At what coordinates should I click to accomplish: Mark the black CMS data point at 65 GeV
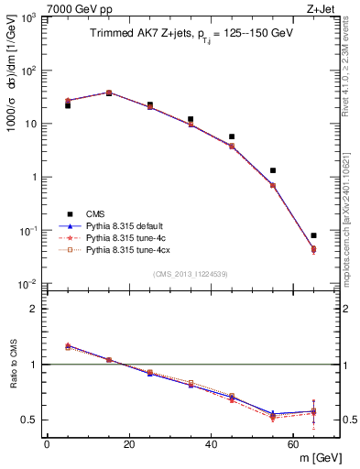[313, 235]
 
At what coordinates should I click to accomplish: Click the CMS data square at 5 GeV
[68, 105]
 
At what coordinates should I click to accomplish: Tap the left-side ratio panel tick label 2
[32, 310]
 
